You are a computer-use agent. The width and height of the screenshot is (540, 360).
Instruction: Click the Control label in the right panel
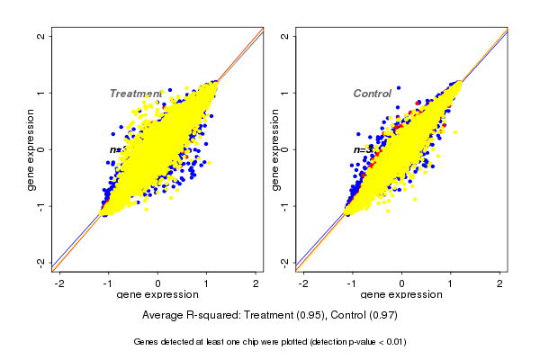coord(372,94)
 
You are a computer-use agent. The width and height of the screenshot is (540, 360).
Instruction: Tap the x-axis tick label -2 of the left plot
coord(59,283)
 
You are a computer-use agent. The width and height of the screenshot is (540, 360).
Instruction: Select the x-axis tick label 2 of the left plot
coord(256,283)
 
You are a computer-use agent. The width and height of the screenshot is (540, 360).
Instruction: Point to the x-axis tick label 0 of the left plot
coord(158,283)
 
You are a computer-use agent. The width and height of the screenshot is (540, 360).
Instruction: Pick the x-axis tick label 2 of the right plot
coord(500,283)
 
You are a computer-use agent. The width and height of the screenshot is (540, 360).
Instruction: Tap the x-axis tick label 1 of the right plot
coord(451,283)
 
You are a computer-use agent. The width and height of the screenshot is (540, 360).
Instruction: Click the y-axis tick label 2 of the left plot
coord(41,36)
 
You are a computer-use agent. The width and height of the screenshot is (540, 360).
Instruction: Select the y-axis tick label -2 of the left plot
coord(41,262)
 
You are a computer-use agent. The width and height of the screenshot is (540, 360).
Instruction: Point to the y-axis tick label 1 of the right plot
coord(284,93)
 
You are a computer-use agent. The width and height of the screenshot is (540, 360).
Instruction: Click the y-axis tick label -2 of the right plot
coord(284,262)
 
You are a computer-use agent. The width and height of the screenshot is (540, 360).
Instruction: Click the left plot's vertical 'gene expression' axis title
coord(31,149)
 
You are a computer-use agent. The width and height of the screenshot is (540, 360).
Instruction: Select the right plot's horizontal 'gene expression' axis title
coord(401,295)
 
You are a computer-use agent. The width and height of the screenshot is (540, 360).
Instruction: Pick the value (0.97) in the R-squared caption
coord(382,316)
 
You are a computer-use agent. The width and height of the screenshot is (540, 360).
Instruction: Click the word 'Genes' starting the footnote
coord(148,342)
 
